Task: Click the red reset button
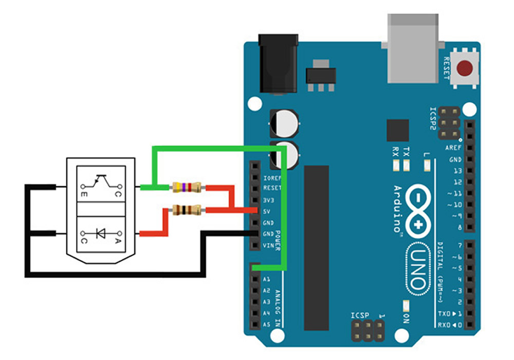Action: tap(466, 68)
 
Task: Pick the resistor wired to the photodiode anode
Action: tap(186, 210)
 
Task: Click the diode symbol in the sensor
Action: tap(100, 234)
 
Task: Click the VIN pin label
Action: tap(268, 245)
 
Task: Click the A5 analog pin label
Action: tap(267, 325)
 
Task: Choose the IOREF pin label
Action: tap(271, 177)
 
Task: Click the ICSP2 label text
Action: tap(433, 119)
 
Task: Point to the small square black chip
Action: tap(397, 131)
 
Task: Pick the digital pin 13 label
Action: tap(456, 171)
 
